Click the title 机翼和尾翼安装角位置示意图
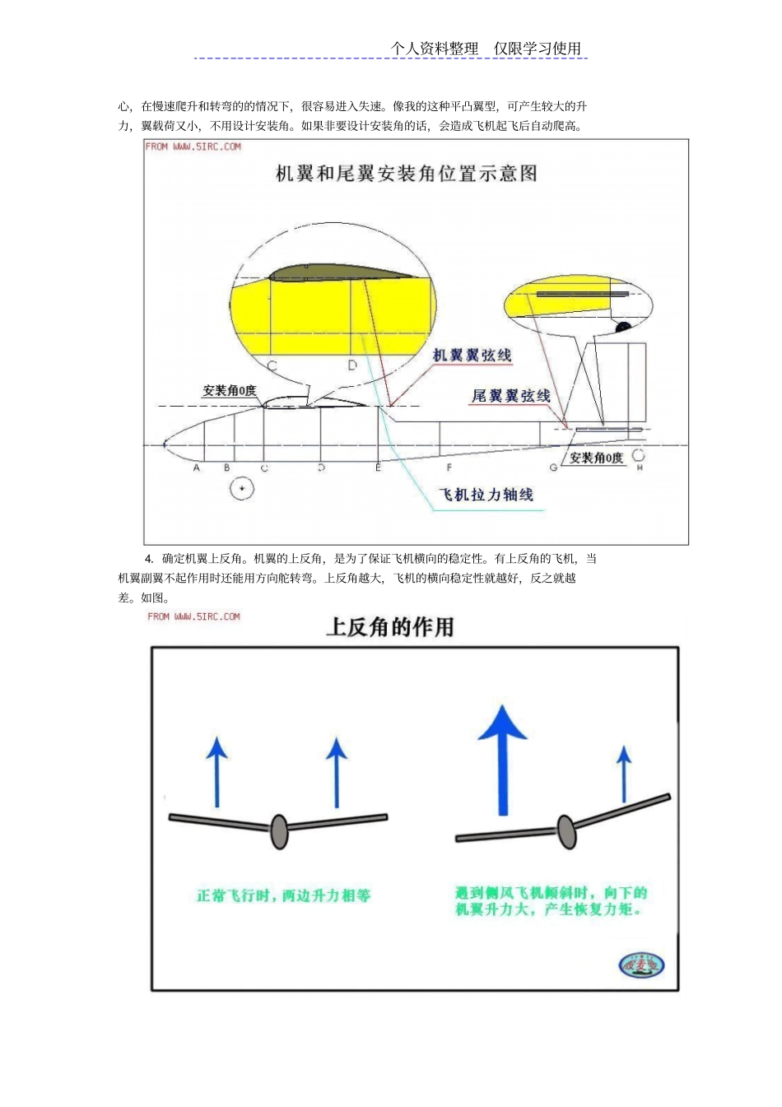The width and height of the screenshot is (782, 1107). [x=406, y=174]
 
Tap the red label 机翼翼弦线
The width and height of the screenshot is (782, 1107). [x=472, y=356]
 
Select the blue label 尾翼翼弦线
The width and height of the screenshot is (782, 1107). [x=510, y=396]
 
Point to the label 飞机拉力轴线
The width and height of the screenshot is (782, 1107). [x=486, y=495]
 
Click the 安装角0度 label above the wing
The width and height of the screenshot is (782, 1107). [x=230, y=391]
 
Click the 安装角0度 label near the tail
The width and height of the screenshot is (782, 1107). [x=596, y=458]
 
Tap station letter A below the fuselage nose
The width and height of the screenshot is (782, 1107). [x=197, y=467]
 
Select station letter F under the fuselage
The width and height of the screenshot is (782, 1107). [x=449, y=467]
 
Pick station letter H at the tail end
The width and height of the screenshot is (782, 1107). [x=640, y=467]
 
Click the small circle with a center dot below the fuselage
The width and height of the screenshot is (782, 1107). [x=242, y=489]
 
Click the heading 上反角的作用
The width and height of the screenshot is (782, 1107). [x=390, y=627]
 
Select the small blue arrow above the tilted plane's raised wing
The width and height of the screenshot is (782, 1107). [x=624, y=774]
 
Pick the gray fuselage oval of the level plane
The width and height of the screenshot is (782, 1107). [x=279, y=831]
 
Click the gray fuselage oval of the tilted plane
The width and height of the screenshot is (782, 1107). [x=566, y=831]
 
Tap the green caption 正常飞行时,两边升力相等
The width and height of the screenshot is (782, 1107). [x=283, y=895]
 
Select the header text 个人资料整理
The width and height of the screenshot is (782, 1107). [x=435, y=49]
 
